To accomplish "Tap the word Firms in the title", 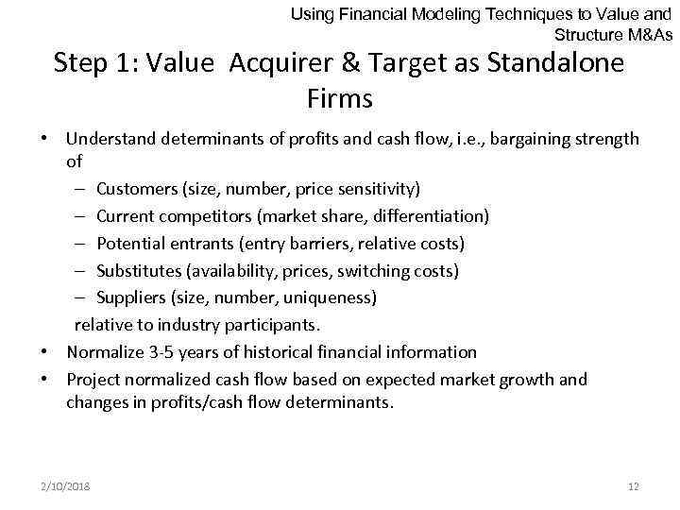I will pyautogui.click(x=340, y=97).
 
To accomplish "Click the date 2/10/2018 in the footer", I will pyautogui.click(x=66, y=486).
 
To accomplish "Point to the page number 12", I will pyautogui.click(x=634, y=486).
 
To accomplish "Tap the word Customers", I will pyautogui.click(x=134, y=189).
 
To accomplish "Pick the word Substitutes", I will pyautogui.click(x=139, y=271).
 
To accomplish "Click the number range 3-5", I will pyautogui.click(x=161, y=352).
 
